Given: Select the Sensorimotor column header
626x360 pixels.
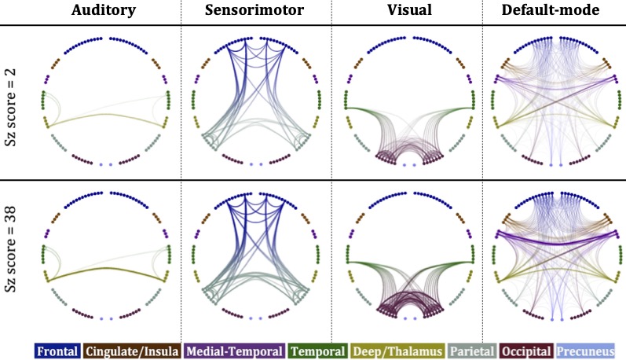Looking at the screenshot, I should (x=257, y=11).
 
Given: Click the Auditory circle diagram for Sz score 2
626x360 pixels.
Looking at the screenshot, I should (x=105, y=102).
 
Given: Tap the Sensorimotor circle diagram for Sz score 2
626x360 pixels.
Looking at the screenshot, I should (x=257, y=102).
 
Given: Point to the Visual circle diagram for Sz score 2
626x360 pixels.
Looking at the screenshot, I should (x=409, y=102).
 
